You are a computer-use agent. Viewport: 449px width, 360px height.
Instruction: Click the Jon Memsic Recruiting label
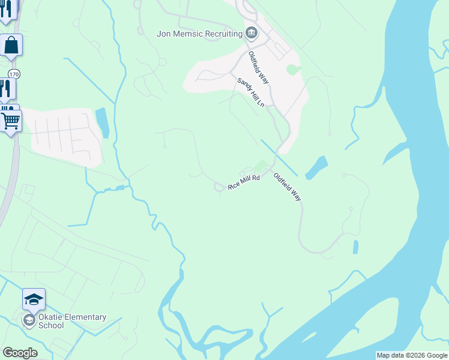pos(199,34)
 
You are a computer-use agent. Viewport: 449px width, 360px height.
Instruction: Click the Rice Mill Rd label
pos(244,182)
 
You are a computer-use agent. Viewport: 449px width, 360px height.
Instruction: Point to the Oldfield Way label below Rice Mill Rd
pos(287,187)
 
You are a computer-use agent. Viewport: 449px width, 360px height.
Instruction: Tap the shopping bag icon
pos(11,44)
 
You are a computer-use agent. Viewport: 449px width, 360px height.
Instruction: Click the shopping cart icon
pos(11,121)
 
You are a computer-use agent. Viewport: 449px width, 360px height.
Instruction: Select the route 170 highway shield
pos(14,74)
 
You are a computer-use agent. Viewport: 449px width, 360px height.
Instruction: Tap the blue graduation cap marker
pos(34,299)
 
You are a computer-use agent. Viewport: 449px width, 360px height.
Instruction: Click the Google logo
pos(20,353)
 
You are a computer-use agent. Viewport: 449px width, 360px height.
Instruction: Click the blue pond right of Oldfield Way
pos(316,168)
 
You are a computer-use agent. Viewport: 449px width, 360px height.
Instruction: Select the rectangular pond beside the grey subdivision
pos(102,122)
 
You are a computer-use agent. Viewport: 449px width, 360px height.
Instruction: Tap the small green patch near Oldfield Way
pos(293,70)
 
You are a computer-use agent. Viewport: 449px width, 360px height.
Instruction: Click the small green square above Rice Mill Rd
pos(260,165)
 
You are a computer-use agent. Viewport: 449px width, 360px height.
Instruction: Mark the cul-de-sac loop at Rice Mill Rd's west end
pos(220,188)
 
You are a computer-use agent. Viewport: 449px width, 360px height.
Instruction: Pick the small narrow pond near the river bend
pos(356,247)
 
